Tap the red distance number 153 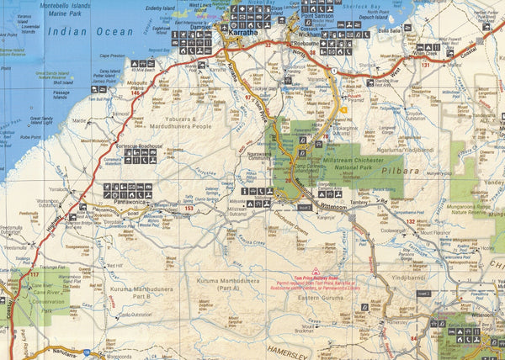click(x=189, y=208)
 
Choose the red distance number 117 click(x=34, y=274)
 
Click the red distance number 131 click(x=425, y=64)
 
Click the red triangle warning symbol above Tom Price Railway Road click(x=315, y=272)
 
